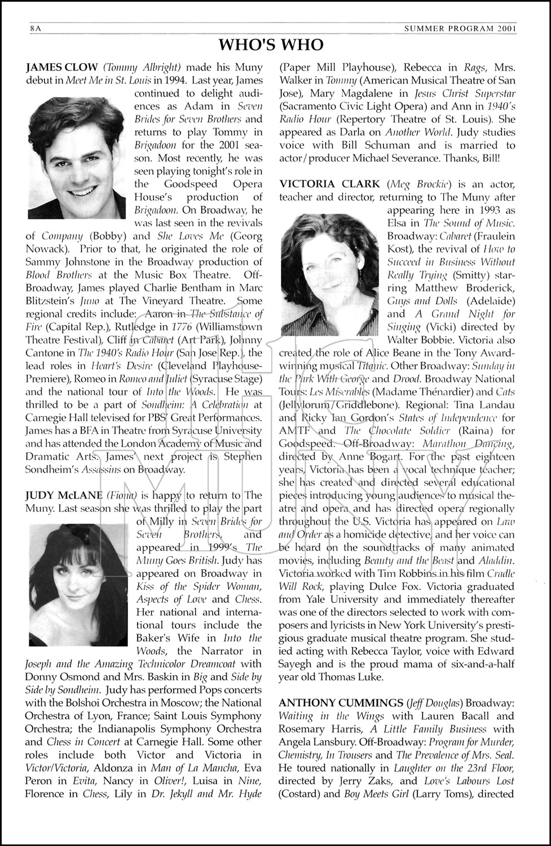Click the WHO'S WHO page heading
pyautogui.click(x=271, y=45)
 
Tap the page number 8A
pyautogui.click(x=36, y=28)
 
